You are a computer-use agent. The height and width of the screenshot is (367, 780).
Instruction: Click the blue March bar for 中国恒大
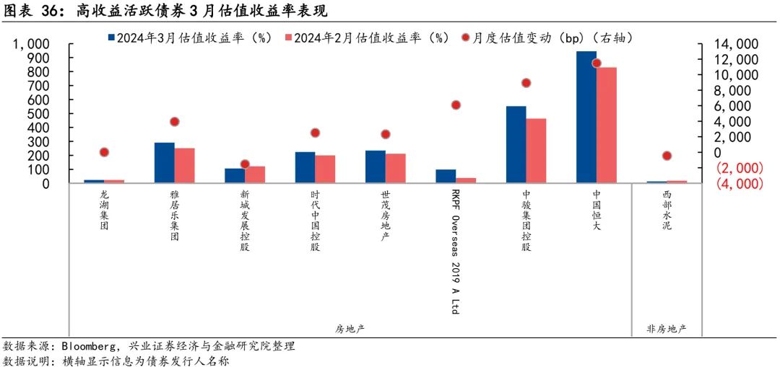586,117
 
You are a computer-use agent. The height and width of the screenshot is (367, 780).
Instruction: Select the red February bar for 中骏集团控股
536,151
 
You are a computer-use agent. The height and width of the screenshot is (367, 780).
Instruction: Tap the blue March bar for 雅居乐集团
165,163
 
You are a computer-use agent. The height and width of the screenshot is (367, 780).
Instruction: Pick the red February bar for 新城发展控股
255,174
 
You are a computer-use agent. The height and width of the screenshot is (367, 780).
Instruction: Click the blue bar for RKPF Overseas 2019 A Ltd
446,177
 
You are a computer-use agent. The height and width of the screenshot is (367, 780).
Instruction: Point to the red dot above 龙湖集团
104,152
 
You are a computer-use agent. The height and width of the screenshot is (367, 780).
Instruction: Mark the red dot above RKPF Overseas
456,105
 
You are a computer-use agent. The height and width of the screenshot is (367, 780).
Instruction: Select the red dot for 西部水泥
667,156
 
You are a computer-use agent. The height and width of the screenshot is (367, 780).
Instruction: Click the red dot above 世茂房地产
385,134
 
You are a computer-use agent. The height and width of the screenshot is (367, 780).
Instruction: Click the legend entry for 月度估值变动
552,37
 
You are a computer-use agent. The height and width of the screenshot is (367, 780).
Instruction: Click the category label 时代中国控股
315,221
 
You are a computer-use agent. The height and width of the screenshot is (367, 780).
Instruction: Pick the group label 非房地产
667,329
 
